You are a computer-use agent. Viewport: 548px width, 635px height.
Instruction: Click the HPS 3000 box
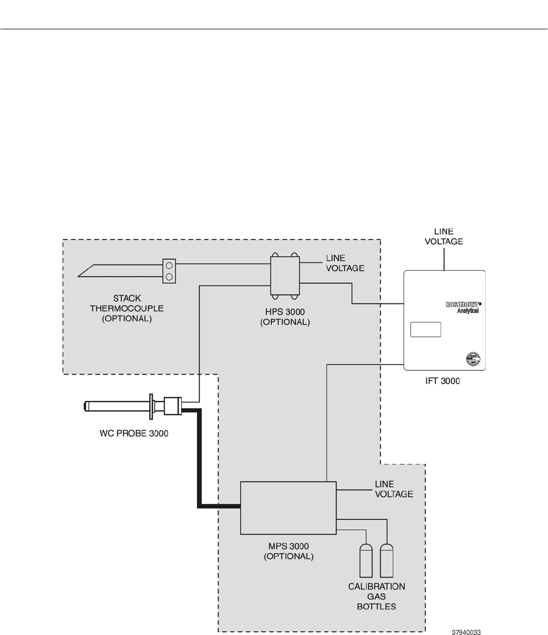(285, 275)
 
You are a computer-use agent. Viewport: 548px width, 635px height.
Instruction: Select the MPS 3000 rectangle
(288, 508)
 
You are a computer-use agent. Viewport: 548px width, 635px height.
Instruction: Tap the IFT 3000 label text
(442, 381)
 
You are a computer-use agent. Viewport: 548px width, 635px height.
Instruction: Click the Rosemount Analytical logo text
(462, 307)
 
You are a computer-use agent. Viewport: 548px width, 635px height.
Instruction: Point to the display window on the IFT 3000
(425, 329)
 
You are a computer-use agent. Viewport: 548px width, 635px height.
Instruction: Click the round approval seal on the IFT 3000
(473, 359)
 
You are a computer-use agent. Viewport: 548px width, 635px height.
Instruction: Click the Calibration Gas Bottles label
(377, 596)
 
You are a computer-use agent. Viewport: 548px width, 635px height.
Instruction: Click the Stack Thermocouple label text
(126, 308)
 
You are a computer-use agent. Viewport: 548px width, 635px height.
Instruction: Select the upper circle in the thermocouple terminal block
(169, 266)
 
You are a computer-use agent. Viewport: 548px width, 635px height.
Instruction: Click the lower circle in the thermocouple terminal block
(169, 277)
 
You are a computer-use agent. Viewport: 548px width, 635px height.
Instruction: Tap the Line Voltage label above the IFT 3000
(443, 237)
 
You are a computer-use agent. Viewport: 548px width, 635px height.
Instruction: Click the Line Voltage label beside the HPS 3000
(345, 263)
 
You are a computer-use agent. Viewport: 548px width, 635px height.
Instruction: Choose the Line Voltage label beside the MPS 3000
(394, 488)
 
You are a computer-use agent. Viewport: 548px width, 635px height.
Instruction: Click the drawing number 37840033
(466, 632)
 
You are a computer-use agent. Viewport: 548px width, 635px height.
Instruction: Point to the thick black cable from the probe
(200, 461)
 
